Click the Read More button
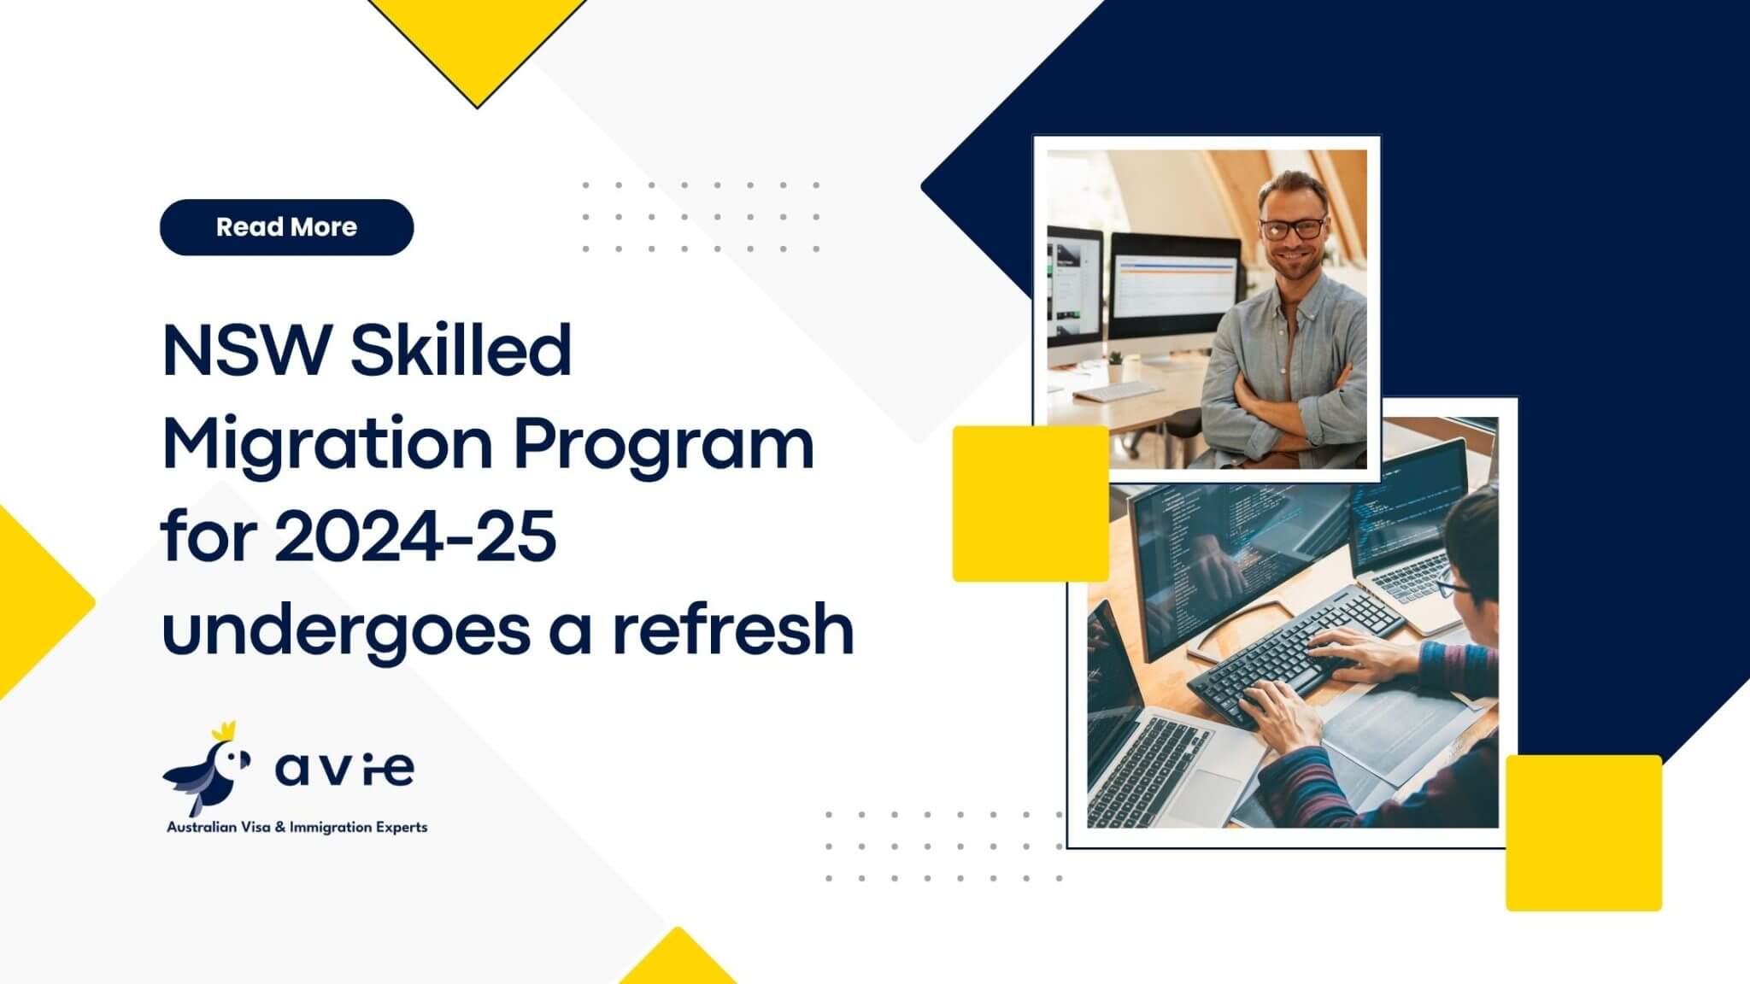point(286,227)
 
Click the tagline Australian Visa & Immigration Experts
point(297,827)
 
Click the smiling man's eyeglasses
point(1292,228)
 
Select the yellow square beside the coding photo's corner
point(1583,833)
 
